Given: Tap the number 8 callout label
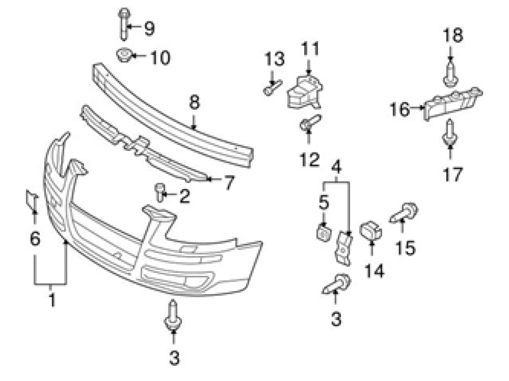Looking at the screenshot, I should [194, 103].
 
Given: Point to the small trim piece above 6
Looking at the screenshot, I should [32, 199].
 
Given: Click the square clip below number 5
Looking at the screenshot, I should [324, 231].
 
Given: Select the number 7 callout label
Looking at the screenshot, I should [228, 184].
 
